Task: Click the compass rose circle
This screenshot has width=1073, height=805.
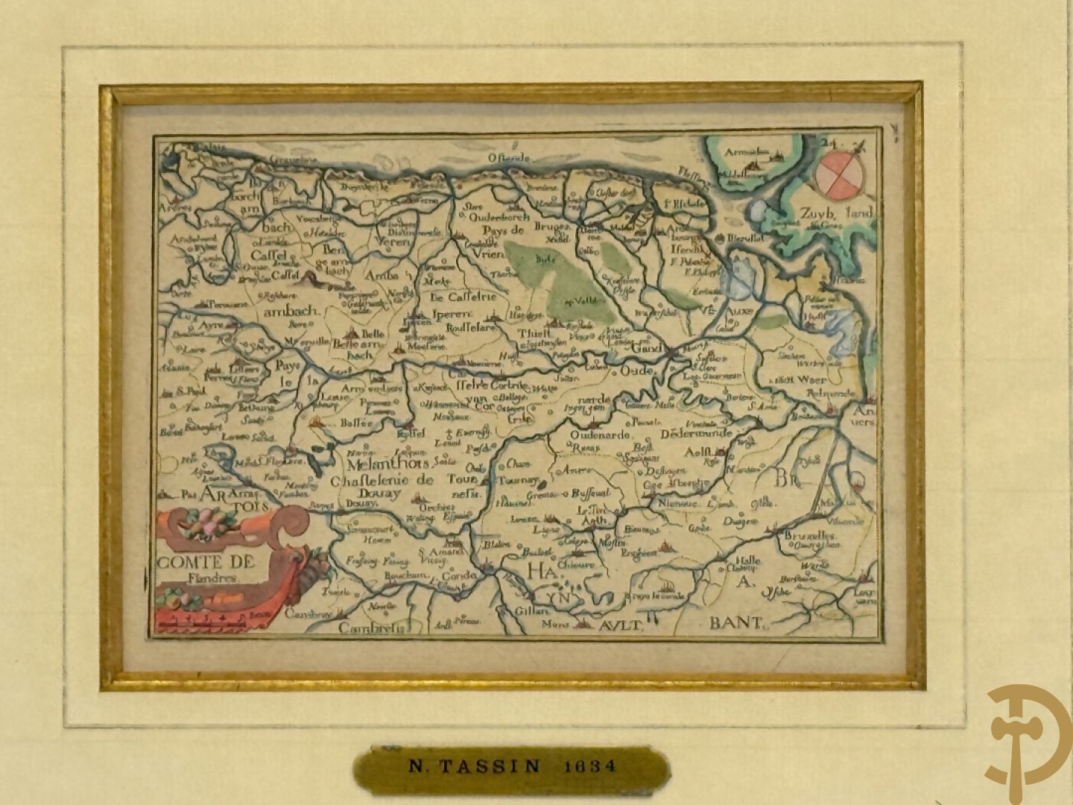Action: (837, 173)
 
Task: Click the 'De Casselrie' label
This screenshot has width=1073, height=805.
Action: (463, 297)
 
